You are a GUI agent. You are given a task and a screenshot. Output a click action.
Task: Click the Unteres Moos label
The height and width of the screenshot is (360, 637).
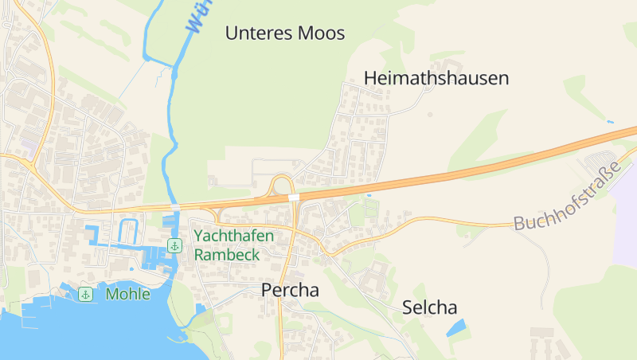[x=285, y=33]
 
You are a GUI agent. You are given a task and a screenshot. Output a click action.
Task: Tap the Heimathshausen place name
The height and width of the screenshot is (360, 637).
[x=436, y=78]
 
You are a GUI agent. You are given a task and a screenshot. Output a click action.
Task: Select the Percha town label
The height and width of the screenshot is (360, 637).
[x=290, y=291]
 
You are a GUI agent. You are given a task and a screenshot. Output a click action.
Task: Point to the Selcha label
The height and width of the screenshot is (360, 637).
[x=429, y=307]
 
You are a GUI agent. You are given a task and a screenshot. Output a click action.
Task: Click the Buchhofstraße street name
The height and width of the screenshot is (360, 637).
[x=567, y=196]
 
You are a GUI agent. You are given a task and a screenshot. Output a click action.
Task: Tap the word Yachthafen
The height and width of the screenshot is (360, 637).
[x=234, y=236]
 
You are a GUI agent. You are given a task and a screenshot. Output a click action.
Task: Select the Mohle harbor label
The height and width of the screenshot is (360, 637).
[x=127, y=294]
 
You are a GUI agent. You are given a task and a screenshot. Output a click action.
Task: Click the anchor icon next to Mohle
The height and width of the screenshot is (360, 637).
[x=86, y=295]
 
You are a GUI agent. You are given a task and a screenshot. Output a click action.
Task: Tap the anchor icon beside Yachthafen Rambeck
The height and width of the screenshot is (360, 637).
[x=174, y=245]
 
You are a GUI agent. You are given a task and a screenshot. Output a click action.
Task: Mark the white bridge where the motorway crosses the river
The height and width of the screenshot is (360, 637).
[x=174, y=206]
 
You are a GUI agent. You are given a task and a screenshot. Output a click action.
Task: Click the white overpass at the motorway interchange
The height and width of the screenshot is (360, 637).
[x=293, y=197]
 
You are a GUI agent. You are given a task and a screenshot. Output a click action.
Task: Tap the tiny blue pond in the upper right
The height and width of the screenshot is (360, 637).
[x=610, y=122]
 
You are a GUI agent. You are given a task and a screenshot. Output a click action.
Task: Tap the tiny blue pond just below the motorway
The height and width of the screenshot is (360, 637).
[x=369, y=194]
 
